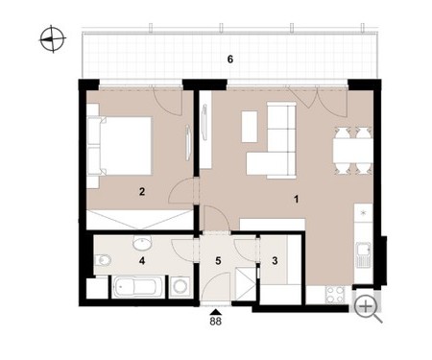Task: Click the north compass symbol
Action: tap(53, 39)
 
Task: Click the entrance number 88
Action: tap(216, 322)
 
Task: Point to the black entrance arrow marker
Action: tap(216, 312)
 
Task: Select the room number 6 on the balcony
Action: tap(230, 60)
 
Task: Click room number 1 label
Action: tap(297, 200)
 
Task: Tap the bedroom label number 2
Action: tap(142, 192)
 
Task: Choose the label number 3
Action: tap(275, 261)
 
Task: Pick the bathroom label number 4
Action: tap(142, 261)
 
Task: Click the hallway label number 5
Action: tap(218, 261)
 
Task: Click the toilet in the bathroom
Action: tap(103, 260)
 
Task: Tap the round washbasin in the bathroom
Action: tap(142, 243)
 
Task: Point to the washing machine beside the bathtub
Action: tap(179, 286)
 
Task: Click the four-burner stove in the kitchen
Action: tap(335, 295)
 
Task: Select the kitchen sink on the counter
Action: tap(363, 254)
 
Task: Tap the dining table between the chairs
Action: tap(352, 151)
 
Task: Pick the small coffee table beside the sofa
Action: tap(250, 127)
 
